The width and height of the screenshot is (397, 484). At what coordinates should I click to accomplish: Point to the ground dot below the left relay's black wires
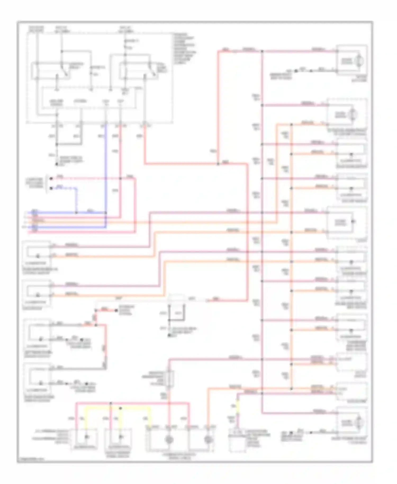click(x=57, y=164)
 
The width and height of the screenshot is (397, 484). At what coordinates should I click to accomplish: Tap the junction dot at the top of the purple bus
click(x=262, y=51)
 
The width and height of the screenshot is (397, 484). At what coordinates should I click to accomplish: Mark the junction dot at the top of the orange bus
click(x=291, y=124)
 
